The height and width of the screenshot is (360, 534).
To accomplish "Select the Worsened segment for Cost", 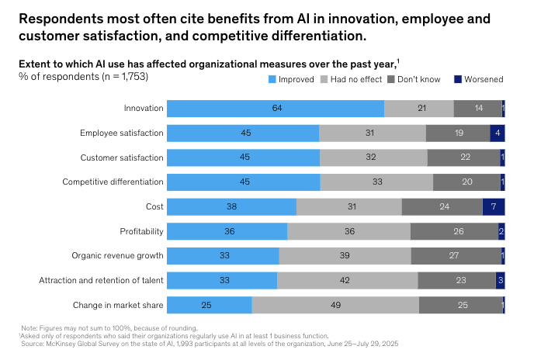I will tap(494, 206).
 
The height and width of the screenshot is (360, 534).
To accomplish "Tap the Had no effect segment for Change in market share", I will tap(335, 305).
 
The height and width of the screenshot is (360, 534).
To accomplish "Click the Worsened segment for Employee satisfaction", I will tap(498, 133).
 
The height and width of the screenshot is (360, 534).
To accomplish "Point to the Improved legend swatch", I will tap(272, 79).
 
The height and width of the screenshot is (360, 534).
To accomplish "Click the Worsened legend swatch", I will tap(457, 79).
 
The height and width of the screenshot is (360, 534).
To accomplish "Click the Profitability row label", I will tap(141, 231).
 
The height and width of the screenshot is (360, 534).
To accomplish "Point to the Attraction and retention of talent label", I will tap(101, 281).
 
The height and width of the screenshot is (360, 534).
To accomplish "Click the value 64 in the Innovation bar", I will tap(276, 109).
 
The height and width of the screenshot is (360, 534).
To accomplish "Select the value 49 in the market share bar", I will tap(335, 305).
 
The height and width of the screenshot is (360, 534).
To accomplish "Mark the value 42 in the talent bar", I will tap(347, 281).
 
